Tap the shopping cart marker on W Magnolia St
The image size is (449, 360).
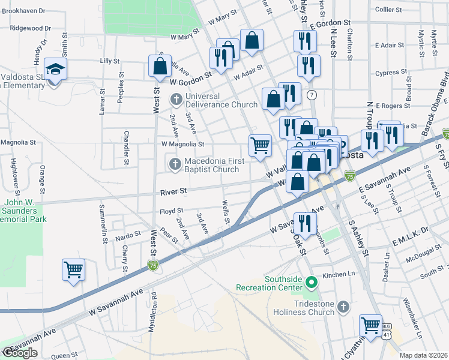260,145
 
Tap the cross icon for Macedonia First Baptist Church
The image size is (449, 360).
175,164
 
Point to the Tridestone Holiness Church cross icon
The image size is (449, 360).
343,307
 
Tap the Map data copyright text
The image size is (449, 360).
424,355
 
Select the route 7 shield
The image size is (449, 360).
312,95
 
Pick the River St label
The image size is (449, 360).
174,191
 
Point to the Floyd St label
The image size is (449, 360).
171,212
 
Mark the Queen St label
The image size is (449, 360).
61,355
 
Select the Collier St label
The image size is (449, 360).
388,10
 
